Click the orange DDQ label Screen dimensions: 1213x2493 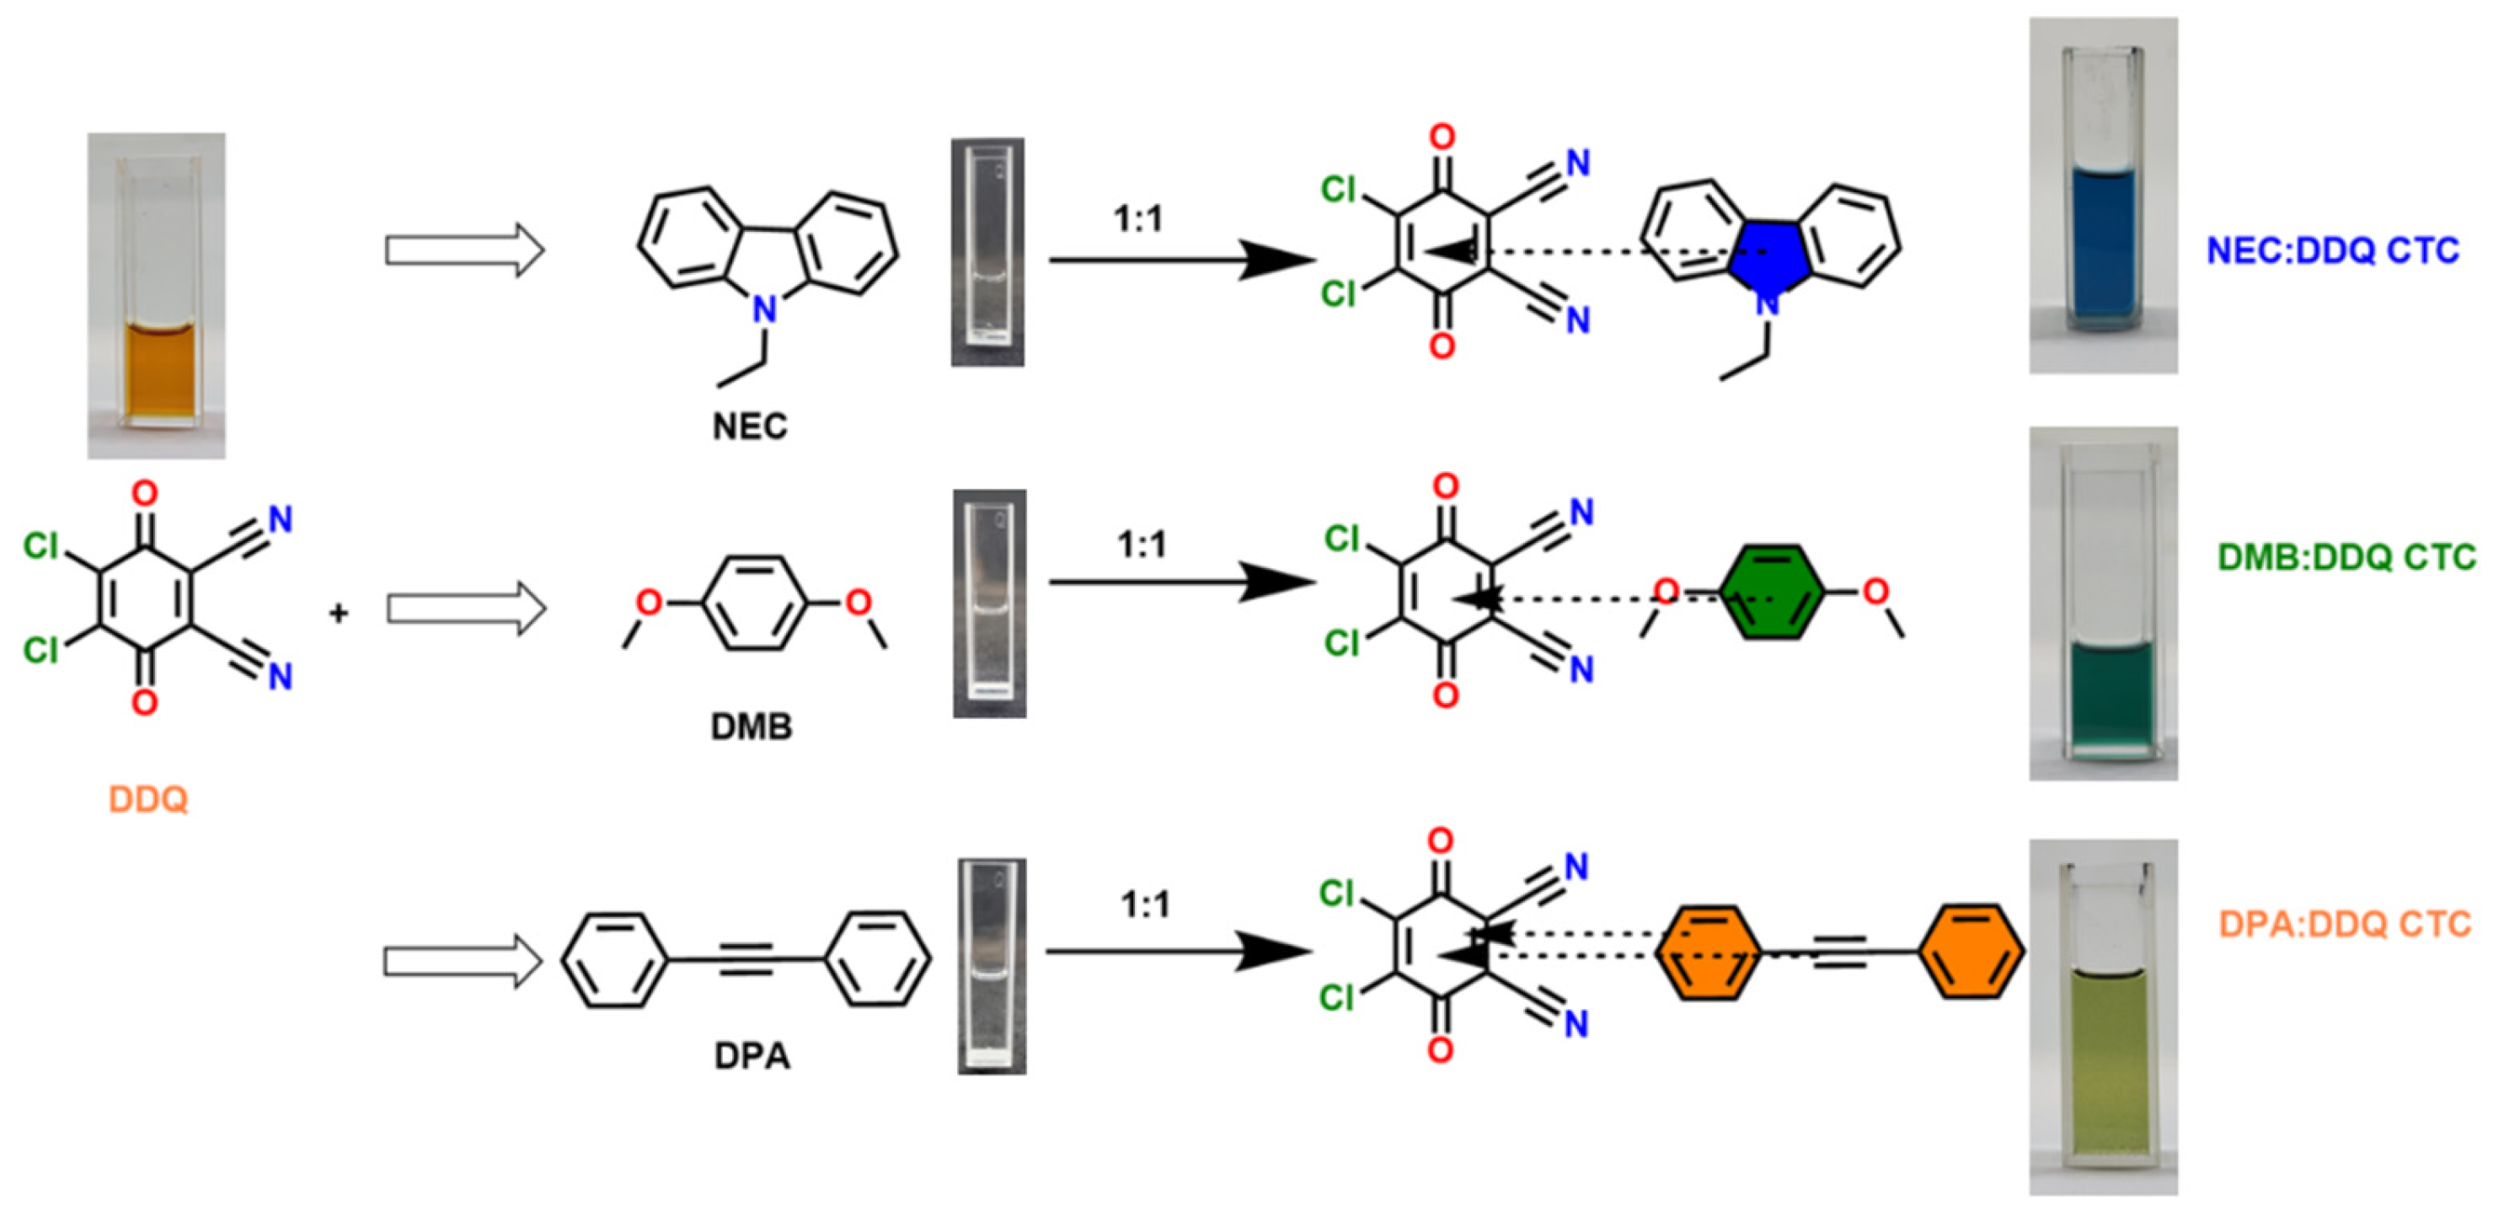point(147,800)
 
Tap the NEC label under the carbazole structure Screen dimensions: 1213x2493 point(750,426)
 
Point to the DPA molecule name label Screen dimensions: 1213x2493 point(752,1055)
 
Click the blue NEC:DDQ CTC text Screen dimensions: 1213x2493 point(2332,250)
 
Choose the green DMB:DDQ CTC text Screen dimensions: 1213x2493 point(2346,558)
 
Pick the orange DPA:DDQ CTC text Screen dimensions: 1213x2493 point(2345,925)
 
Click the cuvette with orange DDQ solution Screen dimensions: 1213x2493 point(157,295)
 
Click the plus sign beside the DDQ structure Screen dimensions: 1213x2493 point(338,613)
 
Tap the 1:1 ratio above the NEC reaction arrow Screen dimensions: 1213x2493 point(1138,220)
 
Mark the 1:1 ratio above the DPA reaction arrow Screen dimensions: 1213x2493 point(1145,905)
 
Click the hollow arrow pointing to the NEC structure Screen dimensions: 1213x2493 point(464,250)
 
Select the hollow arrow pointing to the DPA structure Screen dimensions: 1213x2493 point(463,961)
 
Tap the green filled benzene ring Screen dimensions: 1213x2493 point(1771,593)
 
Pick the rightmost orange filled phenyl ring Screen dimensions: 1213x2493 point(1971,952)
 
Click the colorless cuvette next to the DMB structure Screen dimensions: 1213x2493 point(989,603)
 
